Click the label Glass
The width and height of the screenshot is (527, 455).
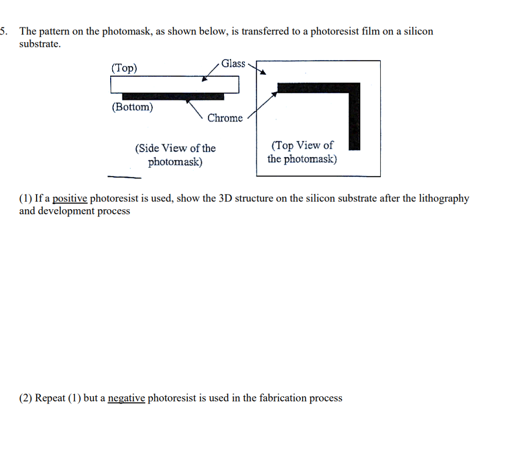[234, 63]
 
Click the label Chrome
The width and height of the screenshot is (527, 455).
[225, 118]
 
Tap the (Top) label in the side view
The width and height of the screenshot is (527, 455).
[124, 68]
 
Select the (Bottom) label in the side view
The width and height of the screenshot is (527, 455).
[132, 107]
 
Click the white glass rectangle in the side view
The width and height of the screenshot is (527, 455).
[175, 85]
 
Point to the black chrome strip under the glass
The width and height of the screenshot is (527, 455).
[172, 96]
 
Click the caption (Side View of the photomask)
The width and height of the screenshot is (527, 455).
[175, 155]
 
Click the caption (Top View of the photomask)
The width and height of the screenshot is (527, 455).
[302, 152]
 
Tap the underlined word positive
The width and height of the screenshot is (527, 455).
[70, 198]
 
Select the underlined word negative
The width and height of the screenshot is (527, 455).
[127, 398]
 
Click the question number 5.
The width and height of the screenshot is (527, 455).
[3, 31]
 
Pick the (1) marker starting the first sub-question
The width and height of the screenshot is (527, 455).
[26, 198]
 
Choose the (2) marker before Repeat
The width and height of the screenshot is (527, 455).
[26, 398]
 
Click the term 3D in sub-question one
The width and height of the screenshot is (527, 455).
[225, 198]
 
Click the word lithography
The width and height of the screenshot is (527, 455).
[443, 198]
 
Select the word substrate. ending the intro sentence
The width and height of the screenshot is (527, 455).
[40, 44]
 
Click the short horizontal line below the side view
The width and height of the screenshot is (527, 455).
[124, 177]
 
